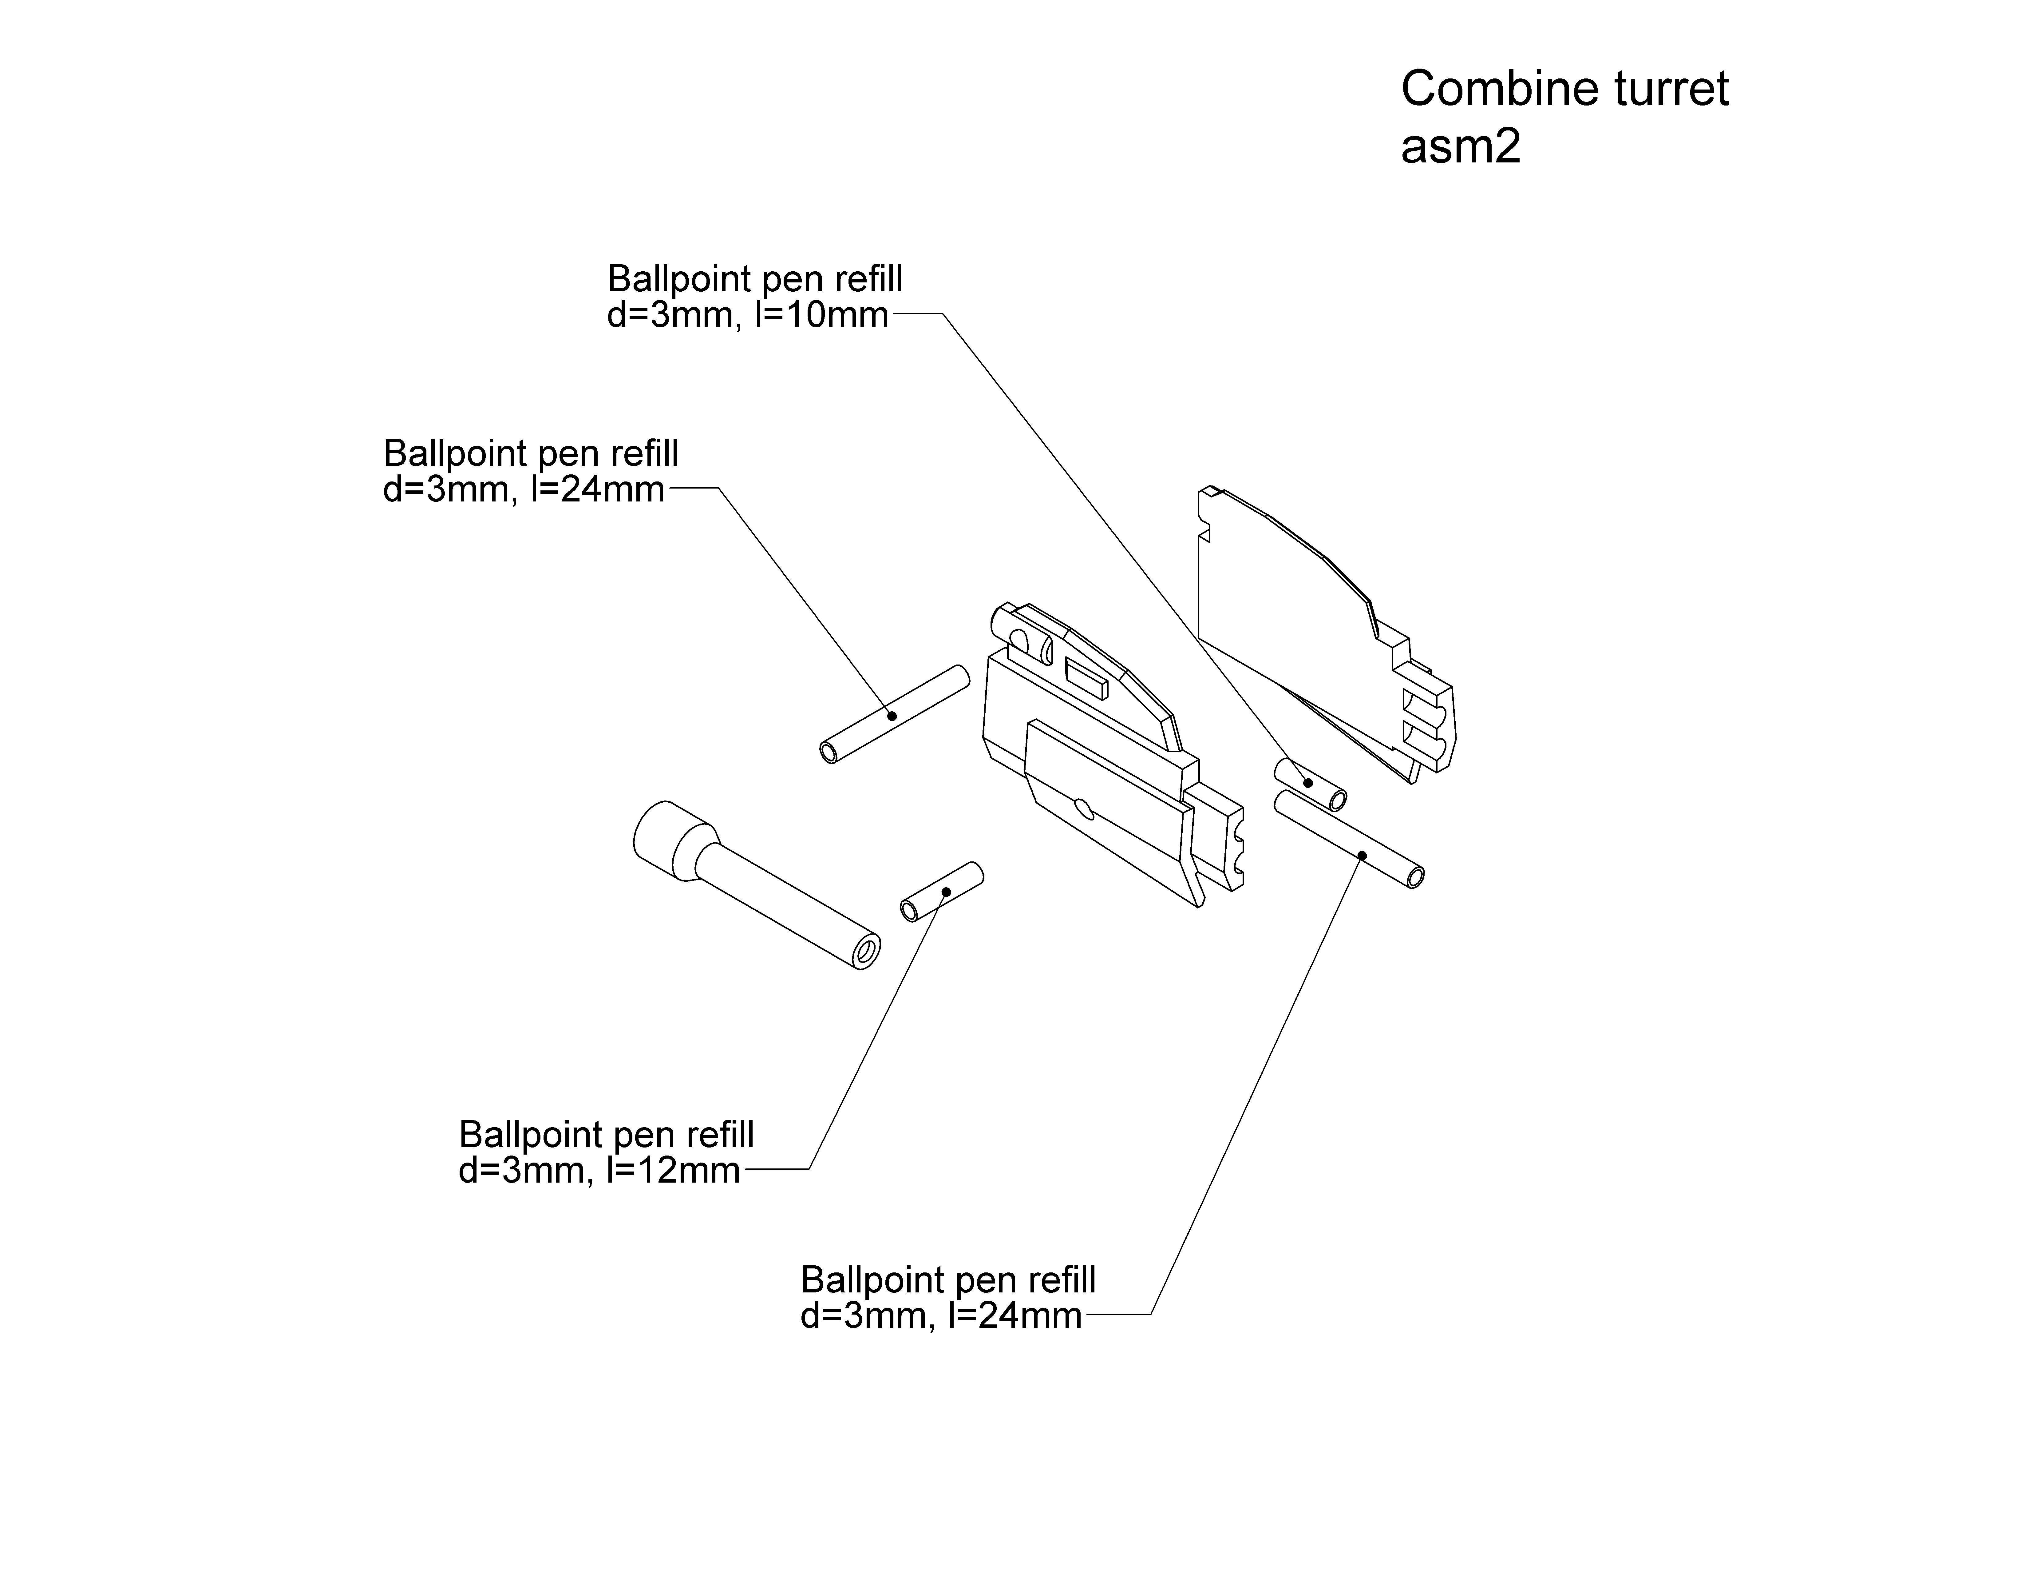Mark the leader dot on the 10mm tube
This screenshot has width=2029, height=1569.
(x=1309, y=783)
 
